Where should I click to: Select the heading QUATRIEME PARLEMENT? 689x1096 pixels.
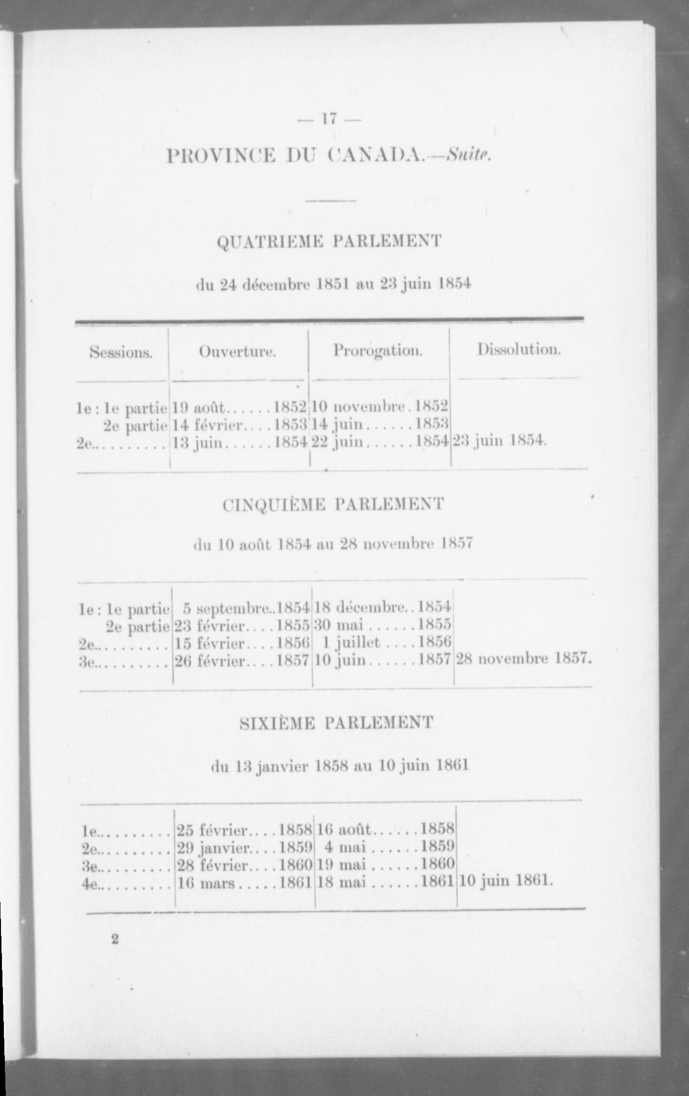coord(330,241)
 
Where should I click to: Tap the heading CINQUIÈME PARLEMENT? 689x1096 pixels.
coord(333,504)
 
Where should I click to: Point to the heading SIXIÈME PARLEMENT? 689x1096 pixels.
coord(336,723)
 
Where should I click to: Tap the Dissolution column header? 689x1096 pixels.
coord(519,350)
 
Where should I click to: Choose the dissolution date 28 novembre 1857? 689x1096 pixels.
coord(524,659)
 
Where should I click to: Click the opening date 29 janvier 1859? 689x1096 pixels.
coord(244,847)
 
